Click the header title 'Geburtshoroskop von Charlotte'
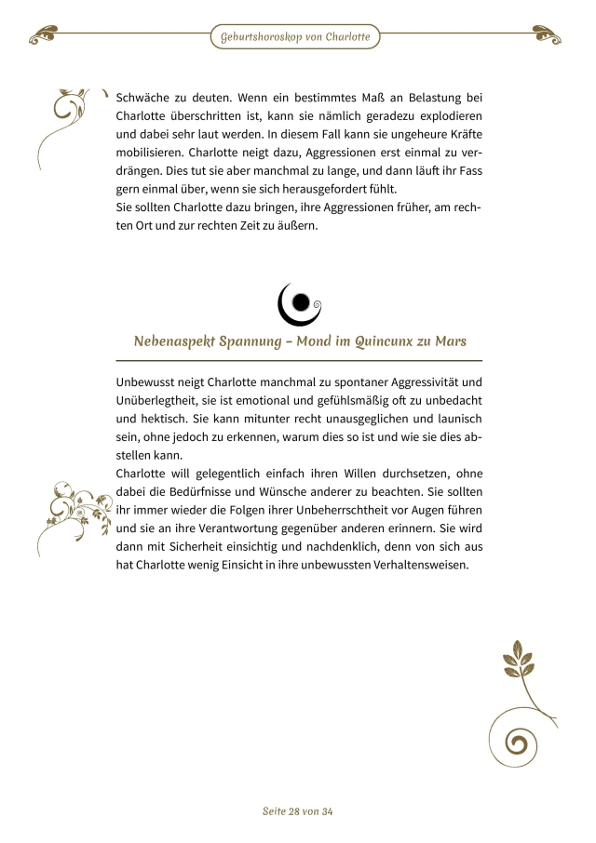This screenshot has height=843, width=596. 295,37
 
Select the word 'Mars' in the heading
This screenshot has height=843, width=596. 449,341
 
